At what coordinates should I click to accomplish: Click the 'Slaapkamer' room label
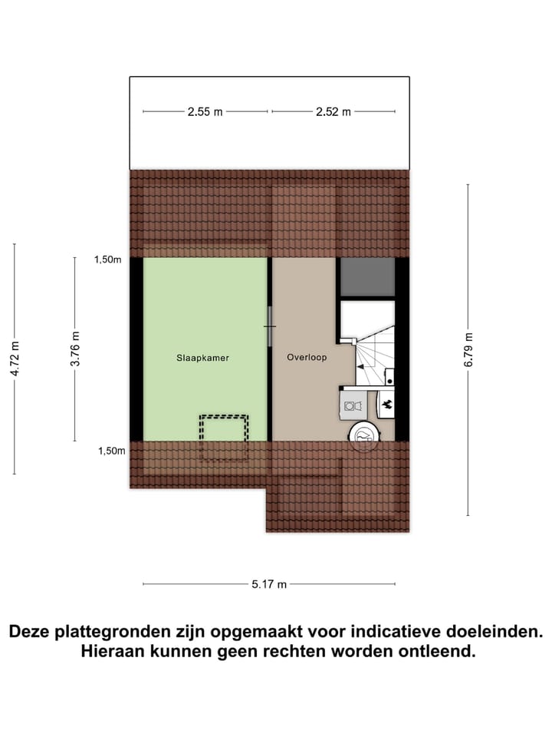pos(202,358)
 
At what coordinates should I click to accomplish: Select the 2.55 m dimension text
pos(205,112)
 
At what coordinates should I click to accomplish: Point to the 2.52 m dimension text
pos(333,112)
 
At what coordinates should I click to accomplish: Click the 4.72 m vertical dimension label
pos(13,359)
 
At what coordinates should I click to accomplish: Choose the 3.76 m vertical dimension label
pos(75,349)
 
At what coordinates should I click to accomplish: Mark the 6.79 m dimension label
pos(468,349)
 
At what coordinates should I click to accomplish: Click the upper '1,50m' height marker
pos(108,259)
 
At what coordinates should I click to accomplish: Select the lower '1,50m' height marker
pos(111,451)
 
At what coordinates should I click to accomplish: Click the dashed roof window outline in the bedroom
pos(224,438)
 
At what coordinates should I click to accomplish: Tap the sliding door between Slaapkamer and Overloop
pos(270,326)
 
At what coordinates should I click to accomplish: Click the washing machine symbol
pos(352,405)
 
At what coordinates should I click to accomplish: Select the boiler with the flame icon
pos(386,404)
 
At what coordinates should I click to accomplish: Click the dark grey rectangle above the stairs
pos(366,277)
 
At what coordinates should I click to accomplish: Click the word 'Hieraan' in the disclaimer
pos(113,653)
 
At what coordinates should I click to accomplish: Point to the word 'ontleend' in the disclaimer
pos(434,653)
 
